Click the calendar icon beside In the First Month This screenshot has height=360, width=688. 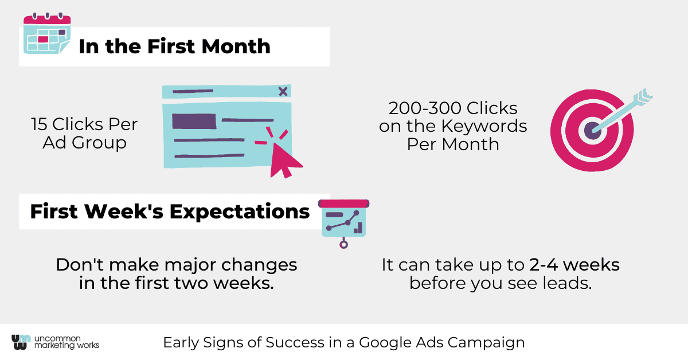47,33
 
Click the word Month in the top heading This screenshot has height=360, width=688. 236,46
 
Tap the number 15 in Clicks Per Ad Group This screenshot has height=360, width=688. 39,124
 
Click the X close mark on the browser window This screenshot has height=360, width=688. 283,91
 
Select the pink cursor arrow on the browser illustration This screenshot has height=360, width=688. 285,160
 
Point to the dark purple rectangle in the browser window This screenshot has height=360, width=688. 194,121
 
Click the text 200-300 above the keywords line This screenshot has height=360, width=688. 425,108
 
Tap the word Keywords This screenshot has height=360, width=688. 484,126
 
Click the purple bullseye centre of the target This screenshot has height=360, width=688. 592,131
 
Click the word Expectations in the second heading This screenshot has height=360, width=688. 240,212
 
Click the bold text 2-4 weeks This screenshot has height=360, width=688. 574,265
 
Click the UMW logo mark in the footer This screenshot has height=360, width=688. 21,342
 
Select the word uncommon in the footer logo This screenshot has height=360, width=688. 57,338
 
